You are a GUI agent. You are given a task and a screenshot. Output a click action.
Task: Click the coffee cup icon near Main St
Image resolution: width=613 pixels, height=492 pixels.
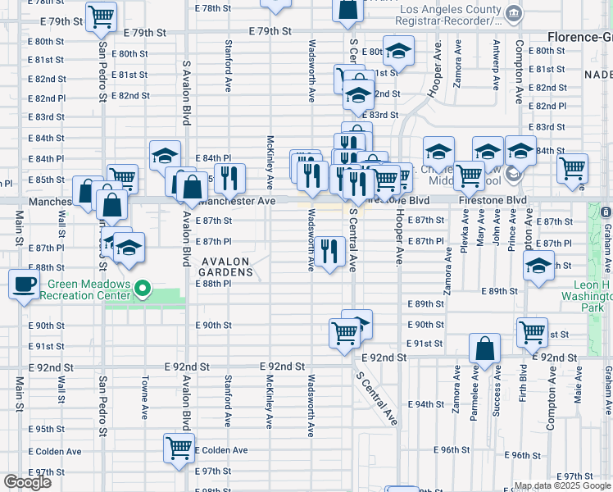pos(24,285)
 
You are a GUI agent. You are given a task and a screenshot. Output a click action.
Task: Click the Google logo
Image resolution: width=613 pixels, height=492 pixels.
pos(27,482)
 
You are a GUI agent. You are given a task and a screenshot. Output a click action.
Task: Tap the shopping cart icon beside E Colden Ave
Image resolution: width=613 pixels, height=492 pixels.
pos(179,448)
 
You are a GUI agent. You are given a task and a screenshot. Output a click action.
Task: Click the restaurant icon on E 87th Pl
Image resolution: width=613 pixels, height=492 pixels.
pos(329,251)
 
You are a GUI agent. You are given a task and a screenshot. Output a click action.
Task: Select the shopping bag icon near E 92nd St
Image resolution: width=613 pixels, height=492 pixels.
pos(484,348)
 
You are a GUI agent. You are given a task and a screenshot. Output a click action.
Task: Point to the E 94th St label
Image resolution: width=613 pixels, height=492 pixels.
pos(429,404)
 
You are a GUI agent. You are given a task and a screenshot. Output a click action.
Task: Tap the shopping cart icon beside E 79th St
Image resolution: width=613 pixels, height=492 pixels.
pos(102,16)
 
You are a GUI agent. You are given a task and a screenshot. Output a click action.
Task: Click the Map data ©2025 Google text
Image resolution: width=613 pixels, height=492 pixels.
pos(561,485)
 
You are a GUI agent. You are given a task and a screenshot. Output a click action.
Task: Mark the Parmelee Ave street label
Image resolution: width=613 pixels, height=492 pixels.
pos(475,395)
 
